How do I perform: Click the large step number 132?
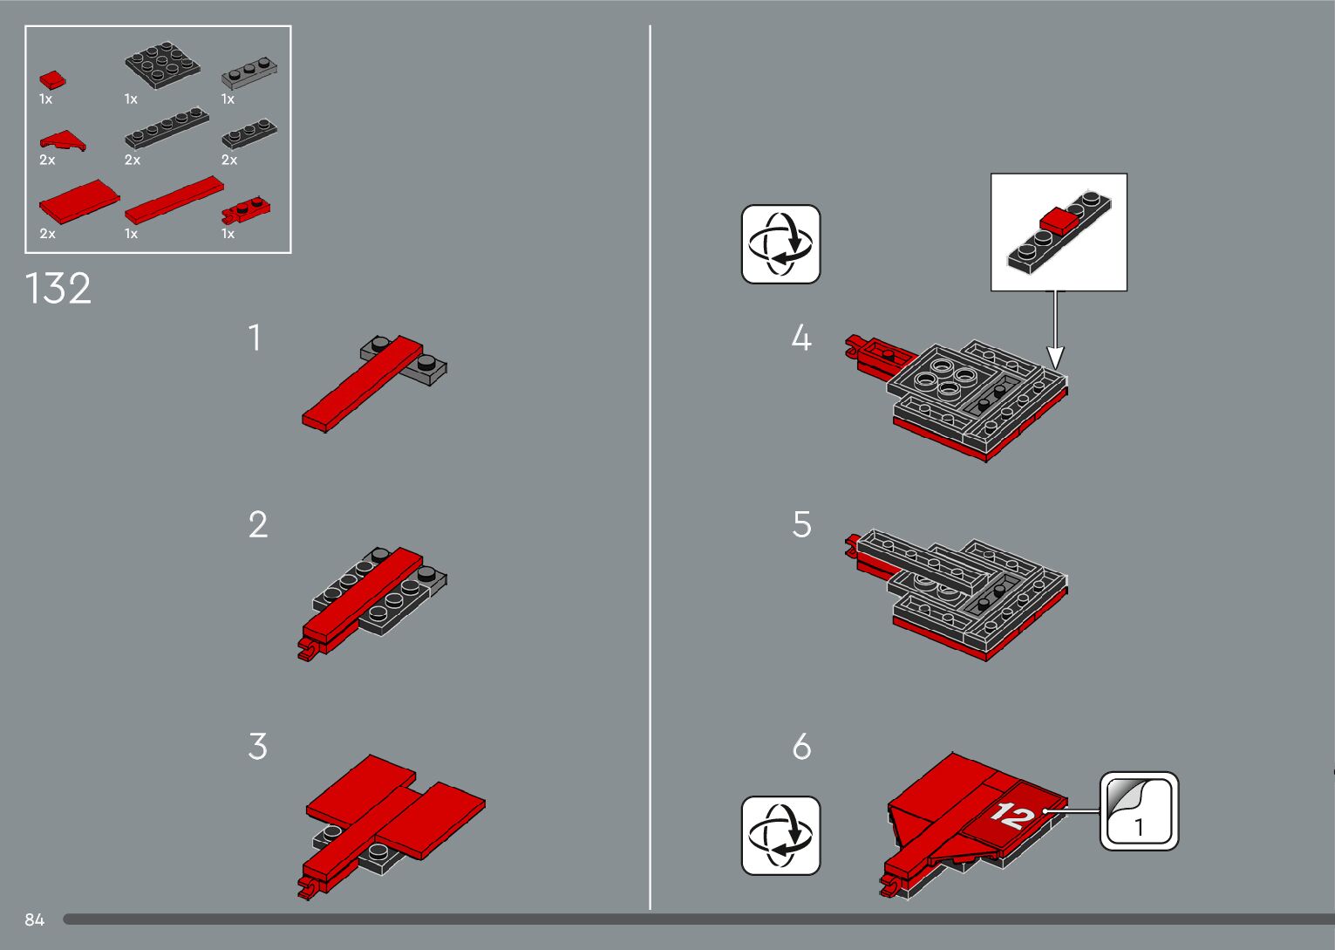click(58, 289)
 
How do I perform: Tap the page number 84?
click(35, 919)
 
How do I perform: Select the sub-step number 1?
click(255, 338)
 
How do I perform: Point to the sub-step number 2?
click(258, 525)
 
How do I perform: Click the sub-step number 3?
click(257, 747)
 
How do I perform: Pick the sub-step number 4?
click(801, 338)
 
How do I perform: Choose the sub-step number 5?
click(801, 525)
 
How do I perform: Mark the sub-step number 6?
click(801, 747)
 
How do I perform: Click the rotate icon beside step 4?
click(780, 244)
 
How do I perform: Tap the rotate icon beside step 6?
click(780, 836)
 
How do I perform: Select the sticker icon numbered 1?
click(1139, 811)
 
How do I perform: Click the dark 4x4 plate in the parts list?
click(162, 65)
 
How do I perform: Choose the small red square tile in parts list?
click(52, 79)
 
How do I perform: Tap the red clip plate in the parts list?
click(246, 208)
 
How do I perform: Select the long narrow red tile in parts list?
click(174, 199)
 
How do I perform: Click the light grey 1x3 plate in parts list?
click(249, 73)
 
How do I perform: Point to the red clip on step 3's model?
click(308, 889)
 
